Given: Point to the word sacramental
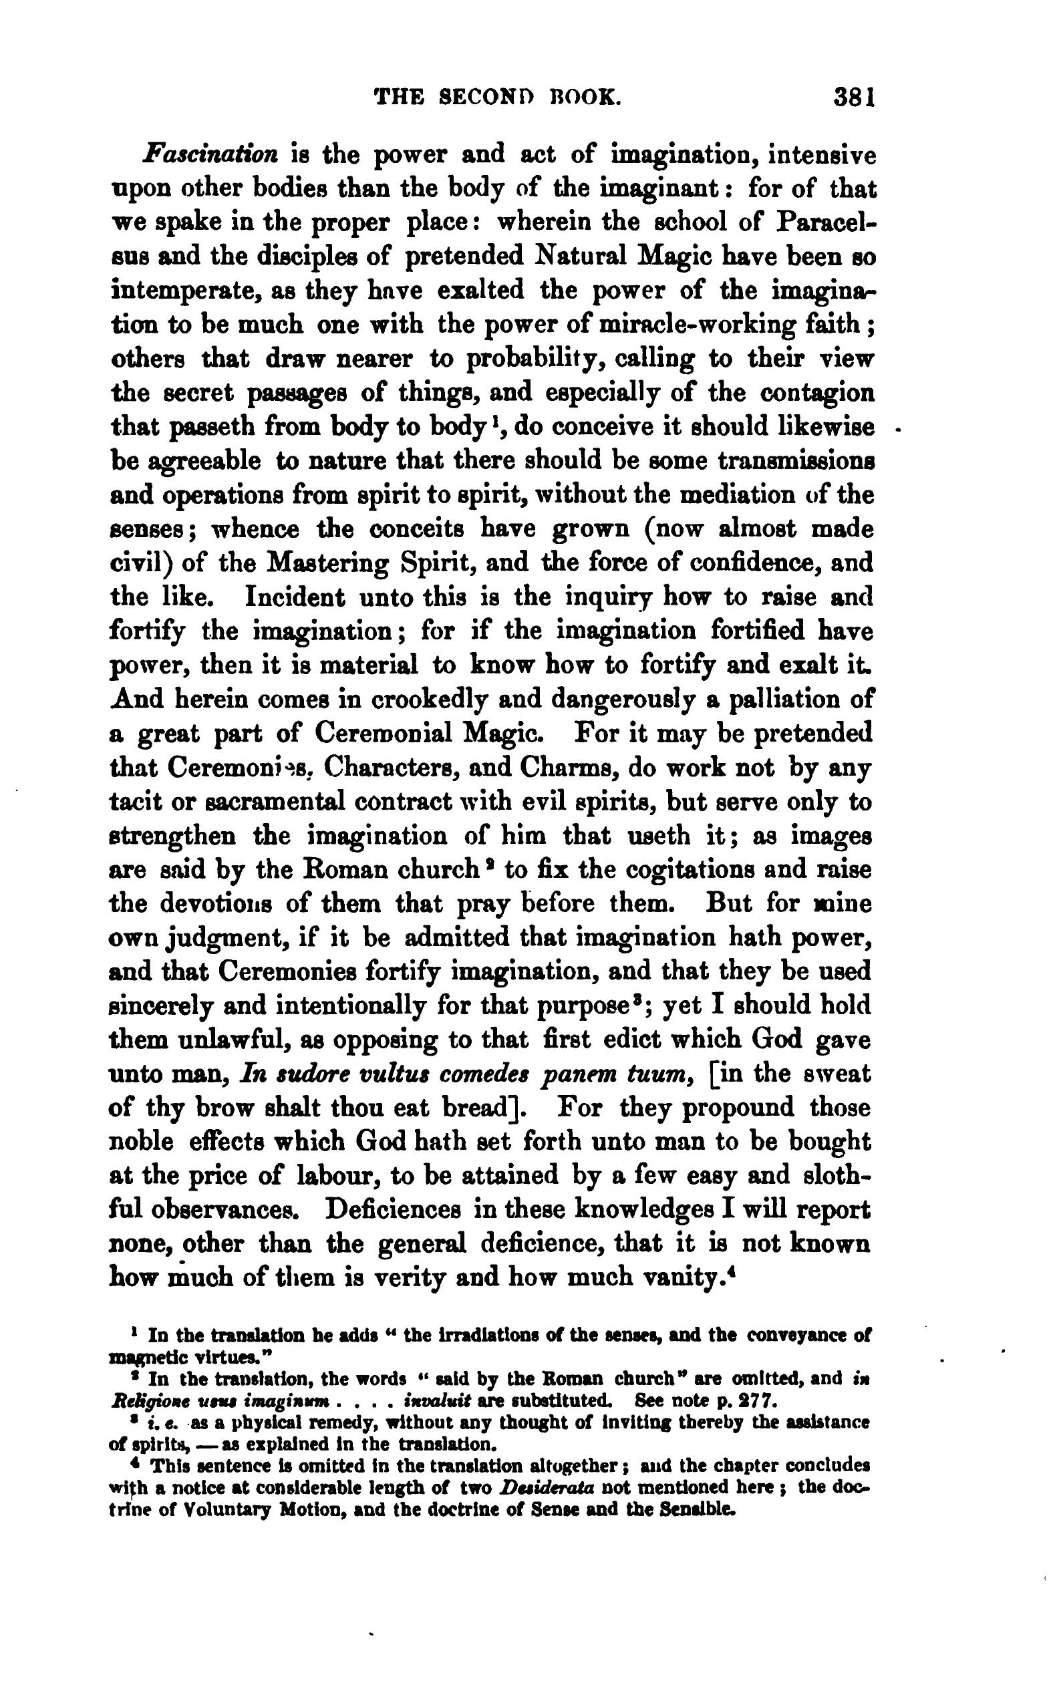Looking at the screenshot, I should (261, 802).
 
